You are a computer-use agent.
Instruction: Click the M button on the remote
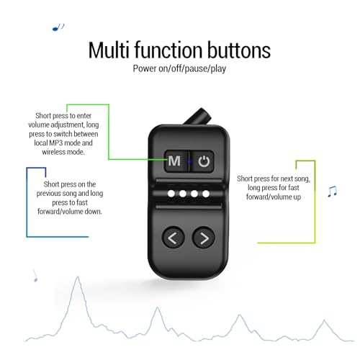175,161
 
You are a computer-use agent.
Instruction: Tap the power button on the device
204,161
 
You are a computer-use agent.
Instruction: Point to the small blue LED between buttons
189,161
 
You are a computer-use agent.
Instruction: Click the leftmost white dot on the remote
171,194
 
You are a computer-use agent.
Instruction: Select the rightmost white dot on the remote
206,194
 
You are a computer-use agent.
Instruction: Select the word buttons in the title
239,50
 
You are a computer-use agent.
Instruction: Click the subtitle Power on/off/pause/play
179,68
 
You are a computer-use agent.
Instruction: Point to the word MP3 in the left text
56,143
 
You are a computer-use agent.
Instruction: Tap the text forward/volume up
274,197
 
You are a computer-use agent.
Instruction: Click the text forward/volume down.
70,212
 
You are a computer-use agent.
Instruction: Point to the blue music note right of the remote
333,192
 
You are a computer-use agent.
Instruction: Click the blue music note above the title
58,27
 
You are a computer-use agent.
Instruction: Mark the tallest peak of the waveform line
78,277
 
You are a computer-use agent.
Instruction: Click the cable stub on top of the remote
198,117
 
